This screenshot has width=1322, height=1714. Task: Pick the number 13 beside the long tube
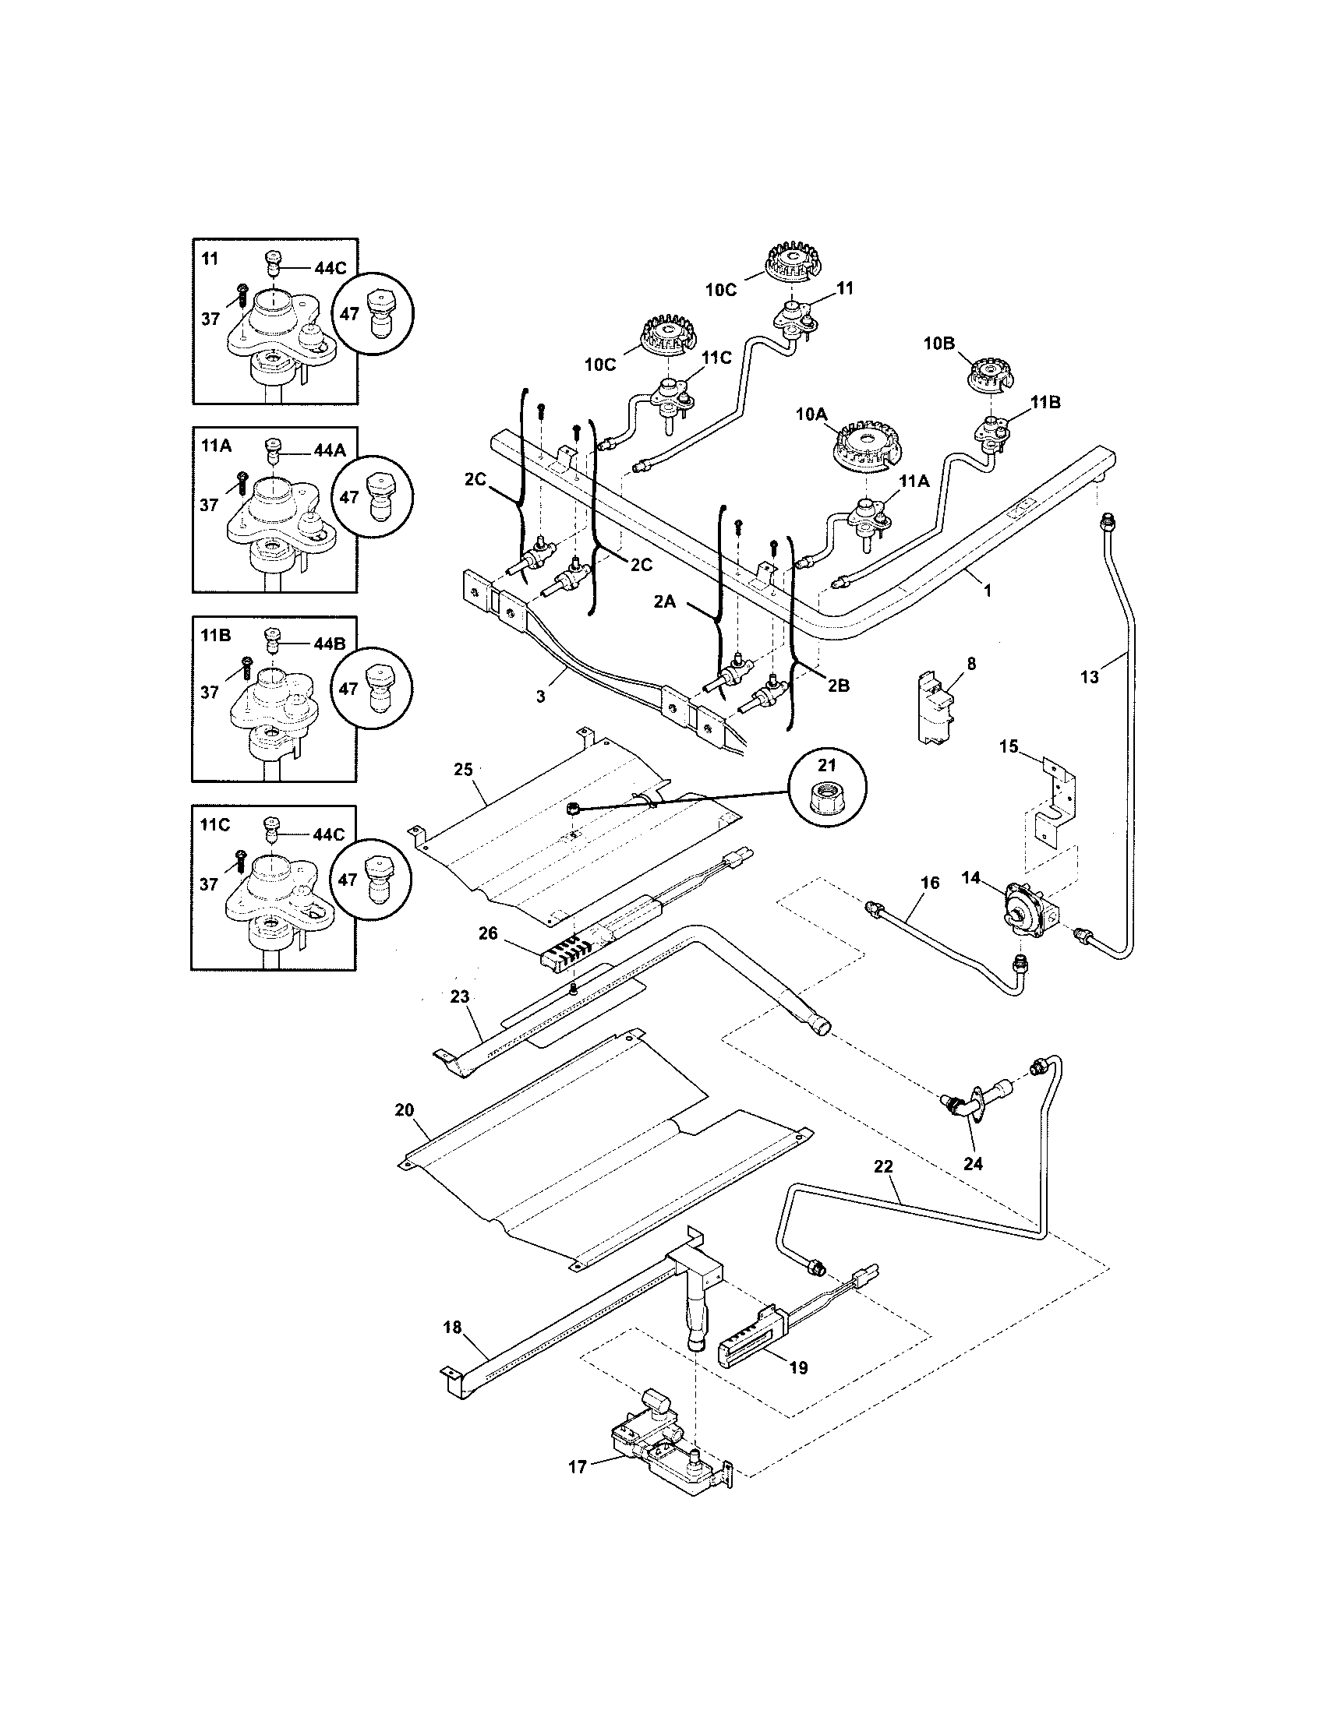pos(1090,677)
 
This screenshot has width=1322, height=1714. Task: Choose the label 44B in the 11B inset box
pos(329,644)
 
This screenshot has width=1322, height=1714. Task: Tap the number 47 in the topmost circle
pos(349,314)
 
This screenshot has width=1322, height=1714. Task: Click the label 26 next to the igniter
pos(487,934)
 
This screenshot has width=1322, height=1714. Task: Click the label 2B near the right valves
pos(839,685)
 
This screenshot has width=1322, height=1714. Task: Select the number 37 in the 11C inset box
pos(209,884)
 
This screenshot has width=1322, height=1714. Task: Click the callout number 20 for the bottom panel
pos(405,1109)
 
